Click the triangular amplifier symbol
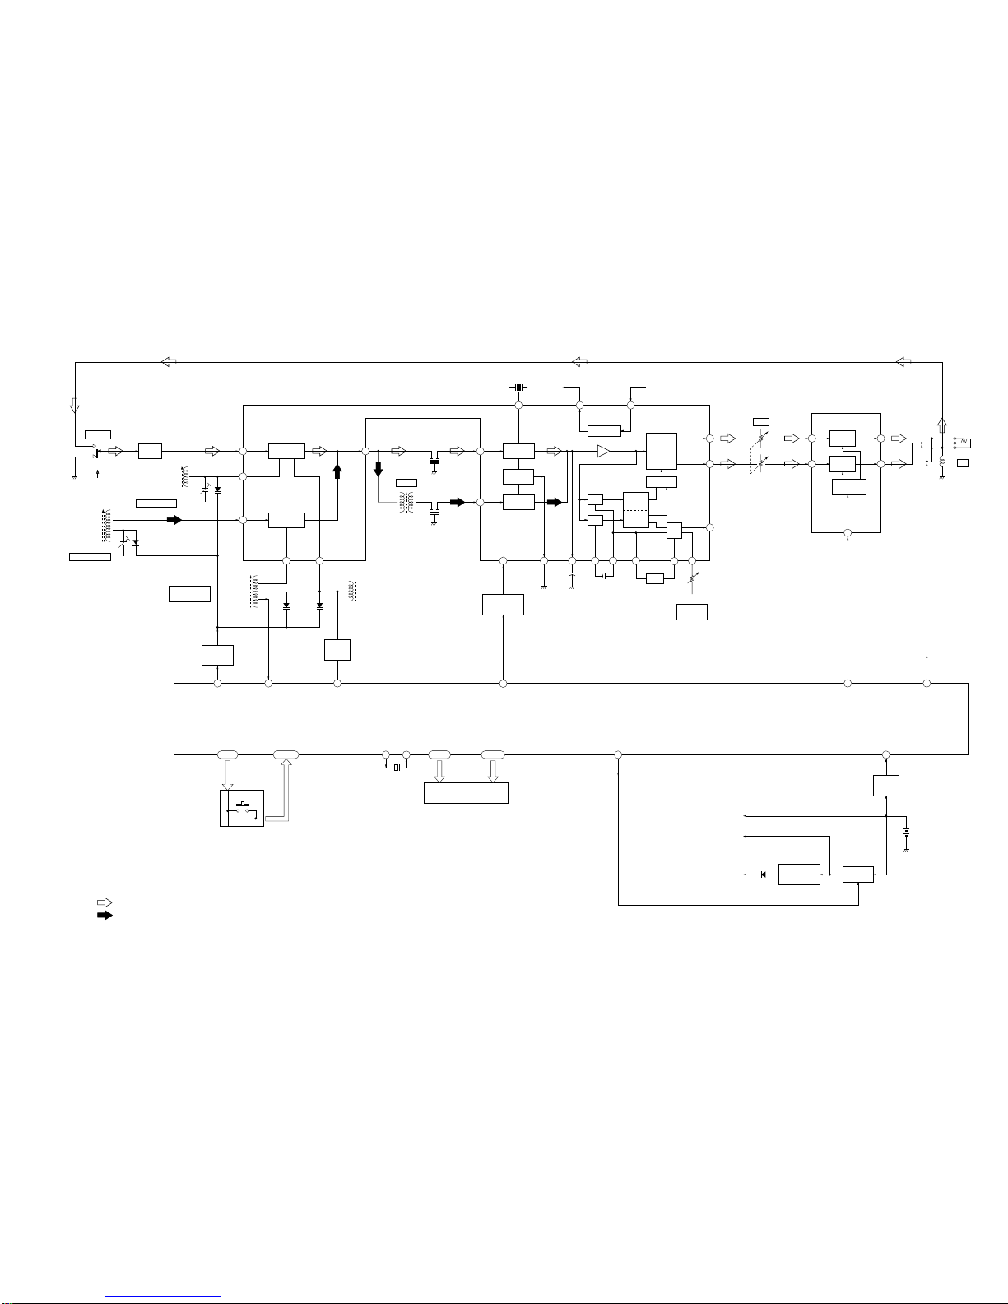[x=605, y=451]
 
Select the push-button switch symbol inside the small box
[x=243, y=807]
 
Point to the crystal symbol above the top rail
[x=518, y=387]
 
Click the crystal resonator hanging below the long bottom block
[x=396, y=768]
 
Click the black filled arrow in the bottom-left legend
[x=105, y=915]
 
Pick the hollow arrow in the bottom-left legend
[x=105, y=903]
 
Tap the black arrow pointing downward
[x=379, y=469]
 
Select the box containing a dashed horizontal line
[x=636, y=510]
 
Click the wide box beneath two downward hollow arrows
[x=466, y=793]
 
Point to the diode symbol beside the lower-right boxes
[x=764, y=874]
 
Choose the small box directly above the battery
[x=885, y=786]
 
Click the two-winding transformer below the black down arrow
[x=405, y=503]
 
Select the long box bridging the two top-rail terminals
[x=604, y=430]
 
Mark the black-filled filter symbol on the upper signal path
[x=434, y=451]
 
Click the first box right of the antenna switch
[x=150, y=451]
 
